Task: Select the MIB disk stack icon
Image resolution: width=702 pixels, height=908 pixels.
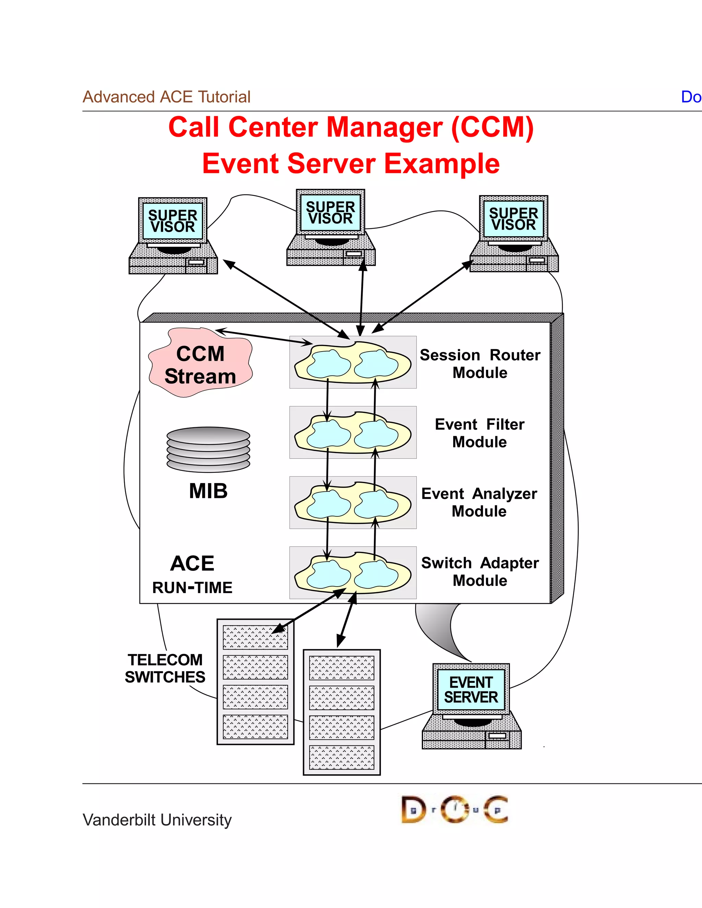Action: tap(208, 449)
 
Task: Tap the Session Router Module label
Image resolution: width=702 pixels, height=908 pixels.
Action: tap(480, 363)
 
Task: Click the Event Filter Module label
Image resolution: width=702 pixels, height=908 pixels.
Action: tap(480, 433)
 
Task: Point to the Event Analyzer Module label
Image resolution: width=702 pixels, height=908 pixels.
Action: tap(479, 502)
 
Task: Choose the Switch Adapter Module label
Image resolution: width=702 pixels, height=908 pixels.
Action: tap(480, 571)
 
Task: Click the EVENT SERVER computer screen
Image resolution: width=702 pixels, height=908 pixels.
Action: tap(471, 689)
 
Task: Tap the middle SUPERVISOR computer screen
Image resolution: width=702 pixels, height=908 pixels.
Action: tap(331, 212)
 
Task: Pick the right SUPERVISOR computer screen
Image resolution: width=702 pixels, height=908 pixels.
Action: tap(513, 219)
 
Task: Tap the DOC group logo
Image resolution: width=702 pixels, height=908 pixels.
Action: tap(454, 809)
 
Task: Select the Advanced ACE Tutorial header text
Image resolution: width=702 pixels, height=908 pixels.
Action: tap(166, 97)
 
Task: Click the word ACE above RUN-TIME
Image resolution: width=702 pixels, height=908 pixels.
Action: tap(192, 564)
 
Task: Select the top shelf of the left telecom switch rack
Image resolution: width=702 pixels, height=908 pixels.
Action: tap(255, 637)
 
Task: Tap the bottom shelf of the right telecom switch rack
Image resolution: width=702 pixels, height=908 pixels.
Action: tap(341, 758)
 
